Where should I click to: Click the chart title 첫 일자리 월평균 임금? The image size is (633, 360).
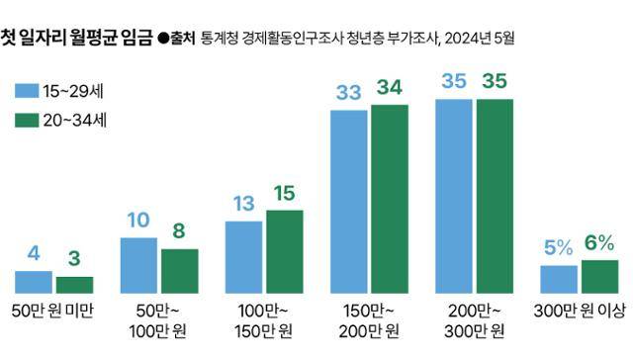pyautogui.click(x=76, y=39)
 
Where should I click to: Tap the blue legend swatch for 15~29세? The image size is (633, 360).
pyautogui.click(x=26, y=92)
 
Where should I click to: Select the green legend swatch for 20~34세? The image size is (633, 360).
pyautogui.click(x=26, y=122)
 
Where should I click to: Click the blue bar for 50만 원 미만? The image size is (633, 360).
pyautogui.click(x=34, y=281)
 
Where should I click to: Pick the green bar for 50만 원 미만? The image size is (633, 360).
pyautogui.click(x=74, y=284)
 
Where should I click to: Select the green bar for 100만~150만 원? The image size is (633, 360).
pyautogui.click(x=285, y=251)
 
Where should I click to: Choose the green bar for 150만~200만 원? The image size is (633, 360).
pyautogui.click(x=389, y=198)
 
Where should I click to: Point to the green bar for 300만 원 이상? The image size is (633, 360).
pyautogui.click(x=599, y=276)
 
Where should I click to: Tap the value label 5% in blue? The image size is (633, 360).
pyautogui.click(x=558, y=248)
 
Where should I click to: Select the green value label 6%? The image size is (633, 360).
pyautogui.click(x=599, y=243)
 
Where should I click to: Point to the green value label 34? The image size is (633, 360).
pyautogui.click(x=389, y=88)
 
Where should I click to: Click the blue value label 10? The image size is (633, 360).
pyautogui.click(x=138, y=220)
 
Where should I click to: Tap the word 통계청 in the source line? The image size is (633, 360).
pyautogui.click(x=217, y=40)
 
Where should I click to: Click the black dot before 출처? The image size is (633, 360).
pyautogui.click(x=163, y=40)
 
